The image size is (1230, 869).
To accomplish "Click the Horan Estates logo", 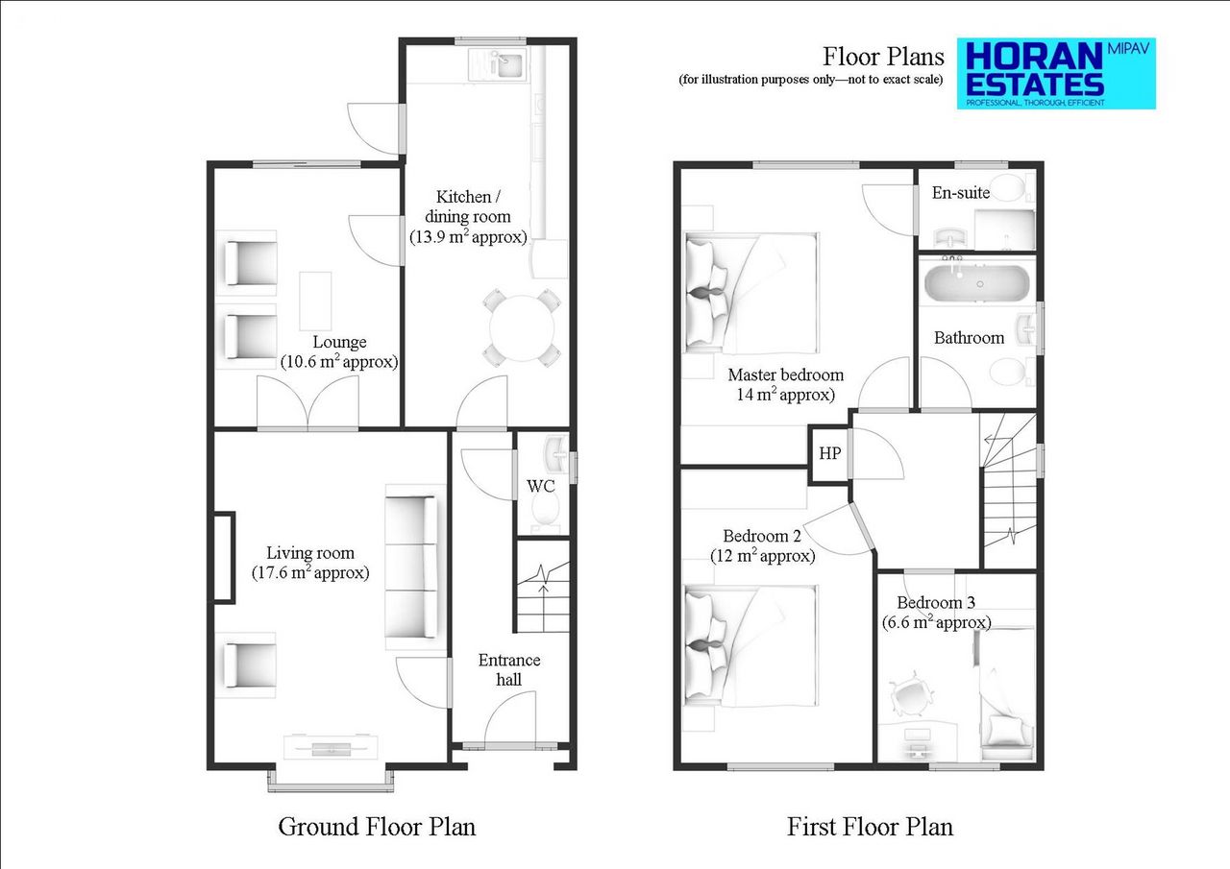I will pos(1055,74).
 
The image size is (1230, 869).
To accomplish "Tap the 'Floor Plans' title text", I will pos(883,56).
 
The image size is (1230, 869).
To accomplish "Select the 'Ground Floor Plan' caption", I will pos(377,826).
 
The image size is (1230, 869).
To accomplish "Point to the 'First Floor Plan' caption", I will pos(870,826).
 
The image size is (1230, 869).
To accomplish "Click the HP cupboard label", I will pos(829,453).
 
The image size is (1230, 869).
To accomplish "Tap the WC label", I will pos(541,486).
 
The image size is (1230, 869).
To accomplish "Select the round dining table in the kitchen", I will pos(523,326).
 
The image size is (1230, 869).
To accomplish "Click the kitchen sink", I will pos(496,64).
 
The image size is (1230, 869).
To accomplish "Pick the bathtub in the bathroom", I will pos(975,284).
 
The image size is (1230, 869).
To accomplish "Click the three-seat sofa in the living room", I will pos(411,562).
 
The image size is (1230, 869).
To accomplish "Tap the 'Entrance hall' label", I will pos(509,669).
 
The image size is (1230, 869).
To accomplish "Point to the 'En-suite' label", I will pos(961,192).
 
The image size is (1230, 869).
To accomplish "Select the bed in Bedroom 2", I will pos(751,645).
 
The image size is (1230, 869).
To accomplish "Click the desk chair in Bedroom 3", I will pos(909,694).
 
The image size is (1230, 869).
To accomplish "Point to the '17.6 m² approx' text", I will pos(310,573).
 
